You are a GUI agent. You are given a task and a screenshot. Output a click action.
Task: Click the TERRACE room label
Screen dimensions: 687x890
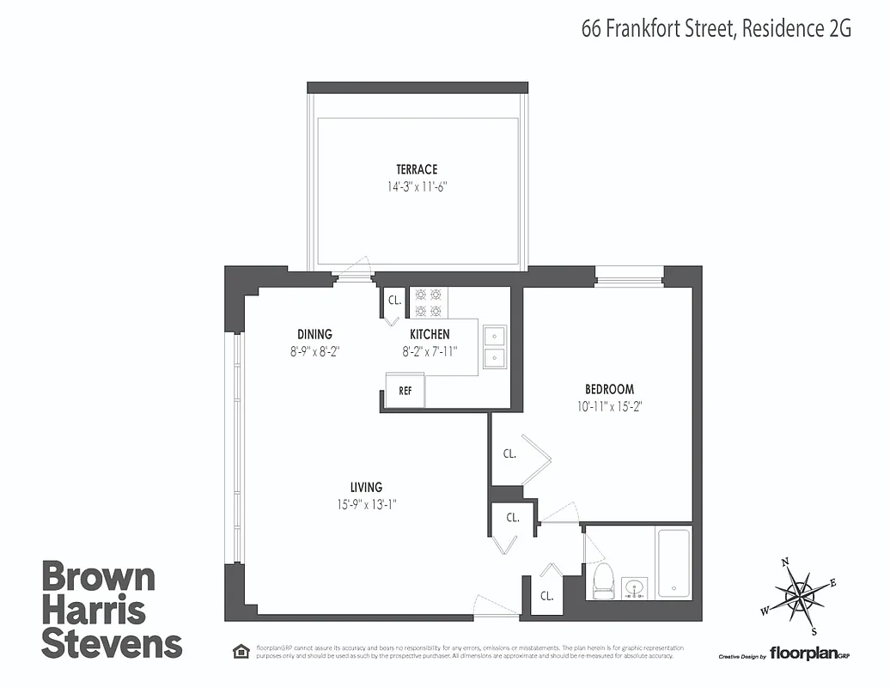[417, 170]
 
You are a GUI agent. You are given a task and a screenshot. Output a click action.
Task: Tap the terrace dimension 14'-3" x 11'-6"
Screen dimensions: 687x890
[417, 185]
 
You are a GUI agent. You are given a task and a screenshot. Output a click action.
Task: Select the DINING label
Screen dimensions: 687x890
[314, 334]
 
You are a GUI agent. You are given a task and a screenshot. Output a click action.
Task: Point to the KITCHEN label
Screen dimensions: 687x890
[430, 334]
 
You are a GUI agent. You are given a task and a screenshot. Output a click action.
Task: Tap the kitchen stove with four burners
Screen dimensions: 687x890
[429, 301]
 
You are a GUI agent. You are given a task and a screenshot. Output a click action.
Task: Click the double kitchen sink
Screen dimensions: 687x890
[494, 346]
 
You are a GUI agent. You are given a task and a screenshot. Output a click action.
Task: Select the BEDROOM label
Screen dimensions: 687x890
[610, 389]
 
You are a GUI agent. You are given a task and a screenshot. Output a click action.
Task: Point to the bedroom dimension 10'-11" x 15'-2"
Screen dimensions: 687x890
[610, 406]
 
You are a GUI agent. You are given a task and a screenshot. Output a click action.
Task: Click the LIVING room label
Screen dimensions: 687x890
[366, 488]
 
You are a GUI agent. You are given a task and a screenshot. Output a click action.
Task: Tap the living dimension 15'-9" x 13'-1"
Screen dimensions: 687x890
[366, 505]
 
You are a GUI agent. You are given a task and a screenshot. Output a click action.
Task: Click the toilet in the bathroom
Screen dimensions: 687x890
[601, 580]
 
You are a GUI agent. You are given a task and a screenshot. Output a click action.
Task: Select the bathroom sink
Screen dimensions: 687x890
[635, 587]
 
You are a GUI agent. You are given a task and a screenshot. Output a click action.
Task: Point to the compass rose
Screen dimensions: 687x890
[800, 593]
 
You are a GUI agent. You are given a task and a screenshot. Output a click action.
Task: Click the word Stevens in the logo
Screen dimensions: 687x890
[112, 643]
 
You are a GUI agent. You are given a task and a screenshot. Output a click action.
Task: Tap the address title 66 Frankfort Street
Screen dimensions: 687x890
[653, 28]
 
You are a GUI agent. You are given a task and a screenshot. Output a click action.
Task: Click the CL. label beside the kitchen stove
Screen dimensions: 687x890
[394, 301]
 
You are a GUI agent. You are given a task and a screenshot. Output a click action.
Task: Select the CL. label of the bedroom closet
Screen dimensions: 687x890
[509, 454]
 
